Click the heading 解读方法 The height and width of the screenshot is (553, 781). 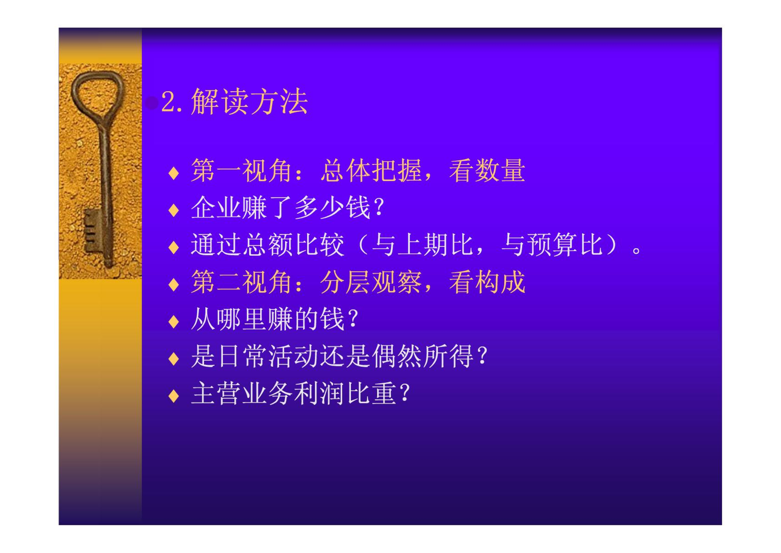coord(249,101)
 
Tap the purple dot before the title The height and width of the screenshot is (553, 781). coord(152,103)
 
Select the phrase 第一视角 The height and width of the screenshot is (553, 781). coord(241,170)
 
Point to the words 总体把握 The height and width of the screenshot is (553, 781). coord(371,170)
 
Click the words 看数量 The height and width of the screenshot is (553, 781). coord(487,170)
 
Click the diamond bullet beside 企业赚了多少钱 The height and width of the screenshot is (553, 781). coord(173,210)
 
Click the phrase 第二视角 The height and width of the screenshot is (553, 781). coord(241,282)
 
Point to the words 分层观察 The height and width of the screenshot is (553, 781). coord(371,282)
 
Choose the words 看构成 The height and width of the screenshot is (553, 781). coord(487,282)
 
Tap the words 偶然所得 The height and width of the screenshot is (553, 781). coord(422,356)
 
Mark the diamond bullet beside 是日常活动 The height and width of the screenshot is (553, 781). coord(173,359)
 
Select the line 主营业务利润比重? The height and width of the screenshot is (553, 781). coord(301,393)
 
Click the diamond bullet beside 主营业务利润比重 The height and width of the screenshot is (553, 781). coord(173,396)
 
